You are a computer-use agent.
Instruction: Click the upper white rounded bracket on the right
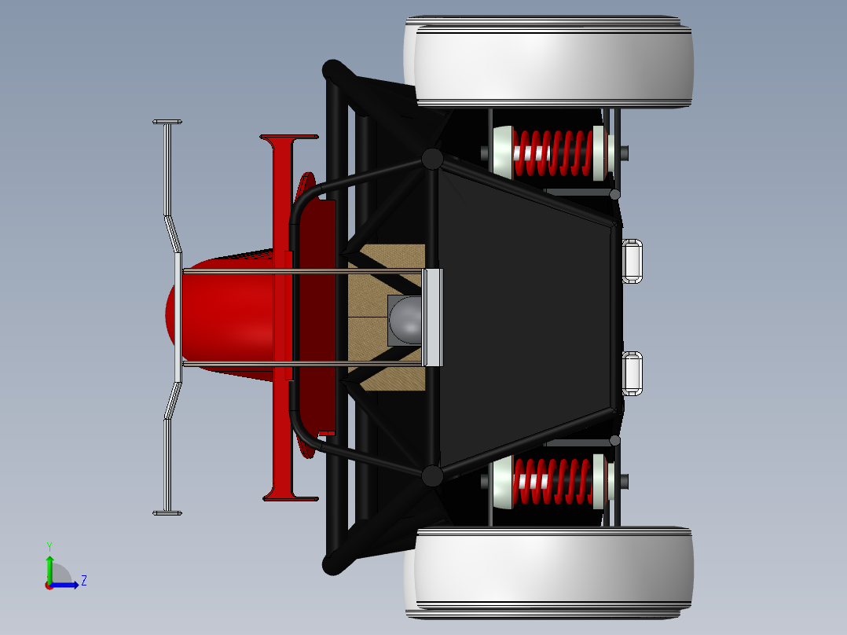click(632, 260)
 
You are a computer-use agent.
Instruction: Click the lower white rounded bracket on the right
click(632, 373)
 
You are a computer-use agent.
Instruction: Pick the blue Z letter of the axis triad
click(83, 581)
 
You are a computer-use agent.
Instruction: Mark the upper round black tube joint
click(432, 159)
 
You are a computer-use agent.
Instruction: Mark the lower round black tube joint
click(432, 475)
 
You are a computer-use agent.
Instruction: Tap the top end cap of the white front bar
click(167, 122)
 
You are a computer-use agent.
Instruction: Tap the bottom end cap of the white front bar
click(167, 513)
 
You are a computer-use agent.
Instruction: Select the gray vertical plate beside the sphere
click(434, 317)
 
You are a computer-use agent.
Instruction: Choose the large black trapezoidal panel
click(522, 317)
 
